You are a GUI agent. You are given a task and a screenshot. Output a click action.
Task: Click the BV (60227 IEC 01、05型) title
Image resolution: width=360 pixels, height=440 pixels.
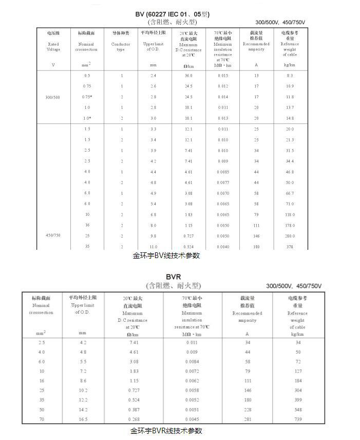click(173, 14)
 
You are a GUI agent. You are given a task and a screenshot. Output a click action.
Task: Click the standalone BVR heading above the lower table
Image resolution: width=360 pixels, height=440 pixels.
click(173, 277)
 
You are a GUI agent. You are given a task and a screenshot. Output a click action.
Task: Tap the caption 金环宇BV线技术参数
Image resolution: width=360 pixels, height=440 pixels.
click(166, 255)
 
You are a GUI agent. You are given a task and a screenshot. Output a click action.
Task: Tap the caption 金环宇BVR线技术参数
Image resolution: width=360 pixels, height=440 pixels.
click(166, 431)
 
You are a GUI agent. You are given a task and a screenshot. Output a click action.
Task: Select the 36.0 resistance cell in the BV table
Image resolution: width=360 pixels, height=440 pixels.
click(188, 76)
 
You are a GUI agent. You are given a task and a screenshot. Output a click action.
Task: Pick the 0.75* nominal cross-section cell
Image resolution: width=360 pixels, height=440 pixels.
click(87, 97)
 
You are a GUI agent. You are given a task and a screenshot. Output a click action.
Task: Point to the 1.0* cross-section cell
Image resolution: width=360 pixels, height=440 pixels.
click(87, 118)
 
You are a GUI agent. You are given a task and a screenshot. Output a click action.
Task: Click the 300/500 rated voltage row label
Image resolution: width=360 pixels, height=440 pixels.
click(53, 97)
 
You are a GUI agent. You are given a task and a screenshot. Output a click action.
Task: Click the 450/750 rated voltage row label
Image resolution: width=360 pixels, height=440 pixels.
click(53, 235)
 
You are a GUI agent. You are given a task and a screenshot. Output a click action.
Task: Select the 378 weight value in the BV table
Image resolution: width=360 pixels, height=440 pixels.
click(290, 247)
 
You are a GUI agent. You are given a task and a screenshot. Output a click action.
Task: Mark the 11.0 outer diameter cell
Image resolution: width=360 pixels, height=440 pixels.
click(153, 247)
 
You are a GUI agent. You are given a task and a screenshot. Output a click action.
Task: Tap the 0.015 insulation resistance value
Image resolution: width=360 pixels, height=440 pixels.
click(222, 76)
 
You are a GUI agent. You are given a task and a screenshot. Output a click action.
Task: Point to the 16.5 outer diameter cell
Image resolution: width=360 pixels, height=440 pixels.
click(82, 420)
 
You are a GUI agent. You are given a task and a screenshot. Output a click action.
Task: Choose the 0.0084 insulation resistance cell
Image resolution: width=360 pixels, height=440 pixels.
click(192, 362)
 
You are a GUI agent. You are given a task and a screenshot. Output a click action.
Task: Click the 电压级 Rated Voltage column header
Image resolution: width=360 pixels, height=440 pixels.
click(53, 41)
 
